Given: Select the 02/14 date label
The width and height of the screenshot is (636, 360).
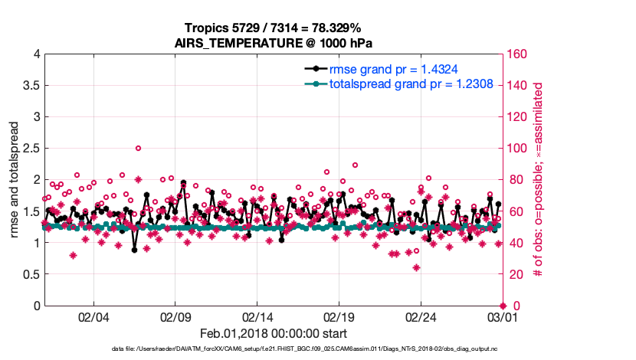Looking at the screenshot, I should (258, 317).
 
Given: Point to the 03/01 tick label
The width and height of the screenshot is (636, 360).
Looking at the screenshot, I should (502, 317).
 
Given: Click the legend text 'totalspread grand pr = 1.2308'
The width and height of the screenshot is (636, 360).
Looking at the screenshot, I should (411, 83).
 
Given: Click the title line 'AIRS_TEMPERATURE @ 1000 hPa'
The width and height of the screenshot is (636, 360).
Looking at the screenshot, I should (274, 42).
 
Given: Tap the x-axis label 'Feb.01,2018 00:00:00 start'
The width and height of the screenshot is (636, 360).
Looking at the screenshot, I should (274, 333).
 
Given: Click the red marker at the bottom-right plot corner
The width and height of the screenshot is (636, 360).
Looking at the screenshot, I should (503, 306).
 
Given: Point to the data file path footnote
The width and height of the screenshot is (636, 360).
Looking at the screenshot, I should (304, 349).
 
